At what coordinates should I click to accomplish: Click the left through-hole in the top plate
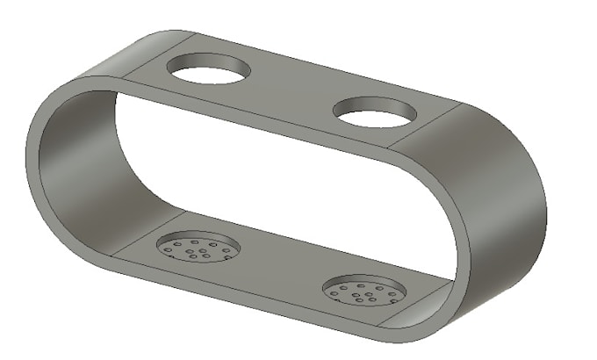point(208,70)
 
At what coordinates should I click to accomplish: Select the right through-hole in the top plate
point(375,112)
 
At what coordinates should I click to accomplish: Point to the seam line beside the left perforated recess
point(149,230)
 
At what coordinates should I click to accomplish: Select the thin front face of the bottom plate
point(263,303)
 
